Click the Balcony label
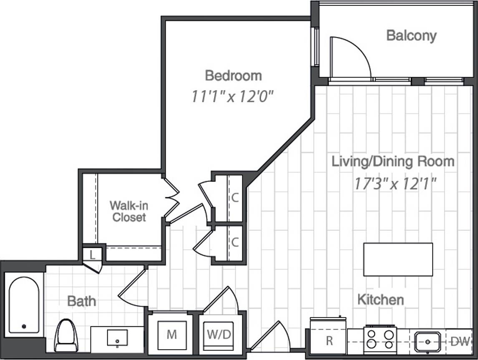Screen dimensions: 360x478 pos(411,36)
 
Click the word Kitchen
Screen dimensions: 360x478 pos(380,300)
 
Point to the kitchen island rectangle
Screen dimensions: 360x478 pos(398,259)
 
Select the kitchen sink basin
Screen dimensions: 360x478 pos(428,342)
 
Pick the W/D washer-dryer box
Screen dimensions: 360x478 pos(219,334)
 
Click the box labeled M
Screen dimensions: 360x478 pos(171,334)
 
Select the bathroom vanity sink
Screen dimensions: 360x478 pos(117,337)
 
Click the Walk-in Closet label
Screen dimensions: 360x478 pos(129,211)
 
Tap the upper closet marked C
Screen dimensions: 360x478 pos(235,198)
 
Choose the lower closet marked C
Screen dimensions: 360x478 pos(235,243)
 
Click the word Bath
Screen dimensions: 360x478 pos(81,301)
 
